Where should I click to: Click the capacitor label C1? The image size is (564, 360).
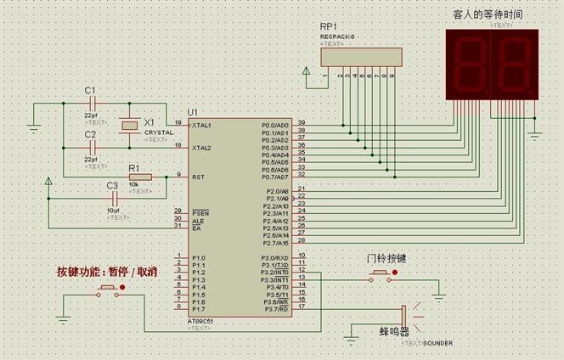(91, 91)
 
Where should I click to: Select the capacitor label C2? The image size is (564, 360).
(91, 135)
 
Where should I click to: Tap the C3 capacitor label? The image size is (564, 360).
(112, 185)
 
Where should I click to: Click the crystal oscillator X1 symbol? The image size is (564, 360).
(128, 126)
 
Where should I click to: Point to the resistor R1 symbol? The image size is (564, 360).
(139, 177)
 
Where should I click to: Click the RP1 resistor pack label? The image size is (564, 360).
(329, 28)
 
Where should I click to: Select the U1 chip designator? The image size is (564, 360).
(193, 112)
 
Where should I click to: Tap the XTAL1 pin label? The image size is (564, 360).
(202, 125)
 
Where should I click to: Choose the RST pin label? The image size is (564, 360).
(198, 177)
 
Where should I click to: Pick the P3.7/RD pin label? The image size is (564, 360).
(275, 310)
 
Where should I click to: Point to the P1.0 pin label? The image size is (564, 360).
(199, 258)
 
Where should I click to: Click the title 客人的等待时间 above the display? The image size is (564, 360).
(489, 15)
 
